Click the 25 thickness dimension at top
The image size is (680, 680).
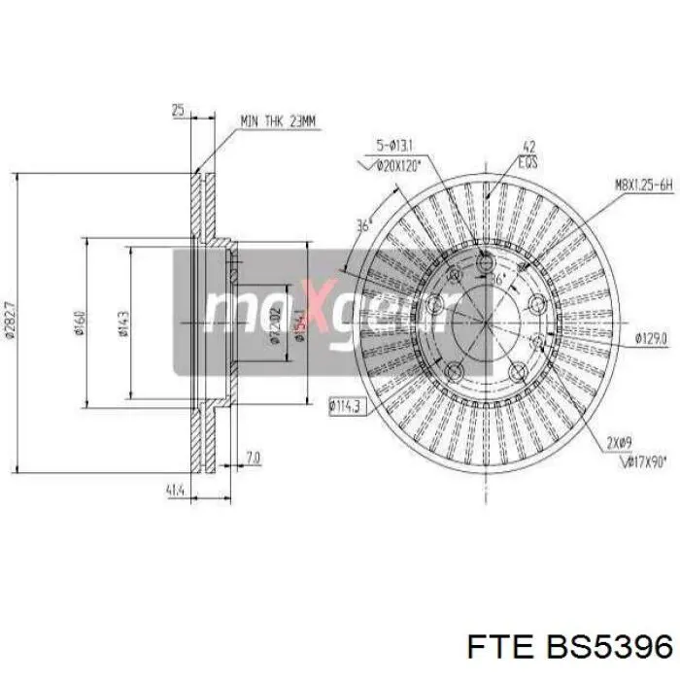(x=177, y=112)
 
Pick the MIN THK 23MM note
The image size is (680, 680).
(x=278, y=121)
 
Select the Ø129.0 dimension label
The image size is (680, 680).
(x=650, y=338)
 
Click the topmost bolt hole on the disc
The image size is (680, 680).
(x=487, y=260)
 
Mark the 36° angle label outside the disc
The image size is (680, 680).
(x=364, y=225)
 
